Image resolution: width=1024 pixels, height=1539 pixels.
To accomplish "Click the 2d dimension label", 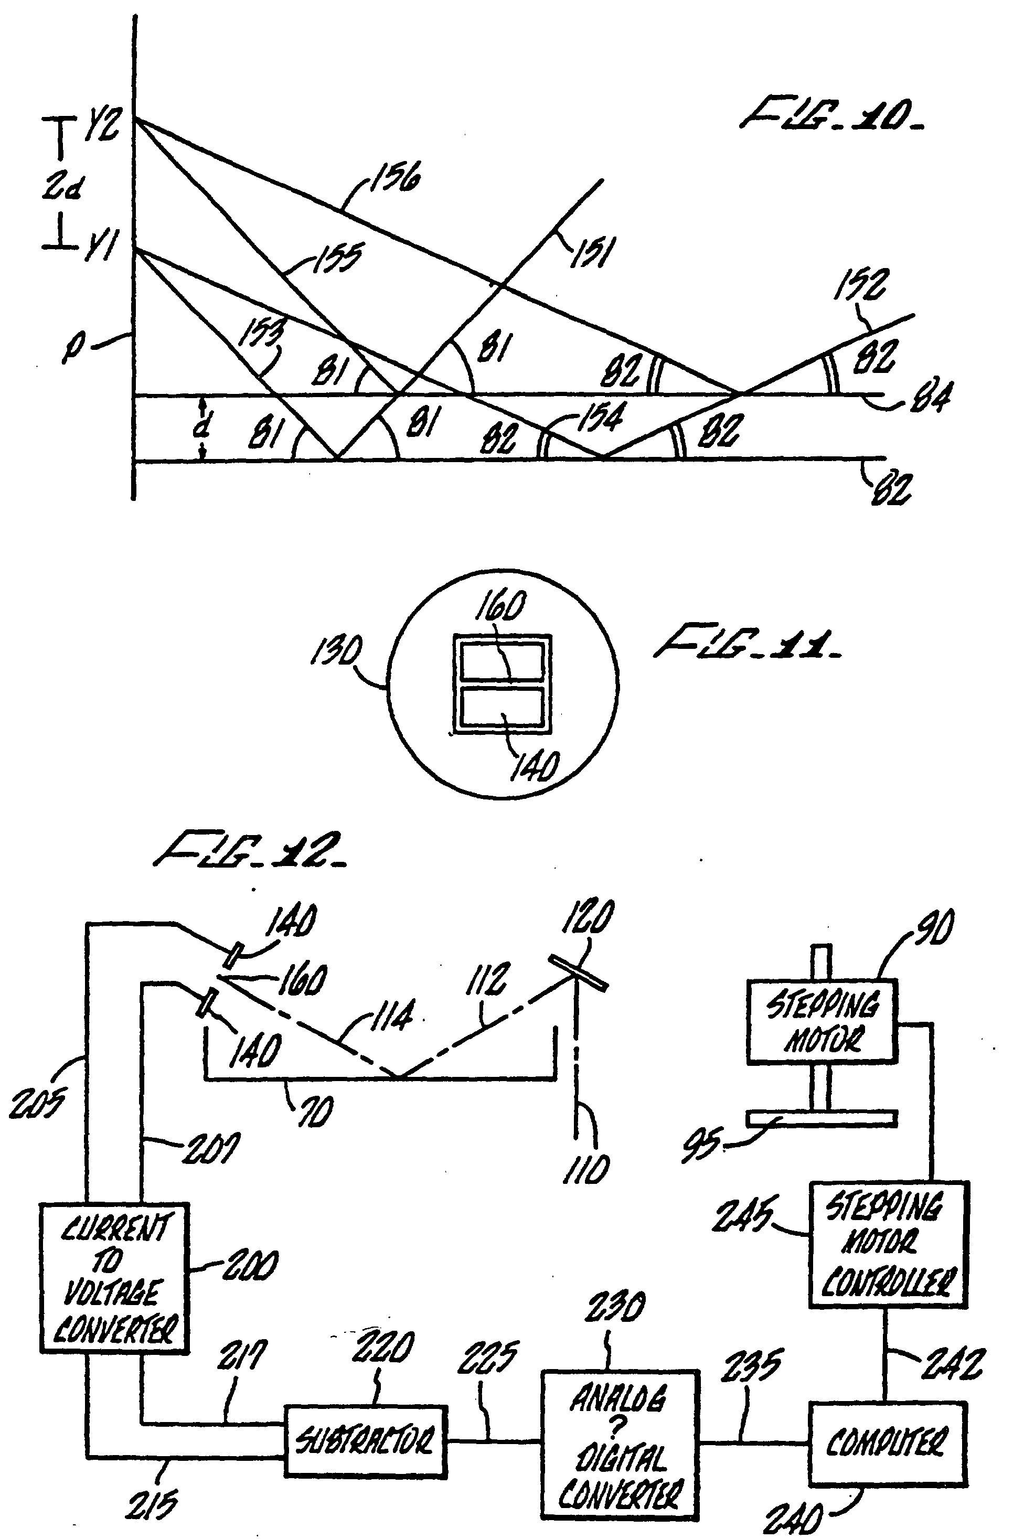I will pos(62,188).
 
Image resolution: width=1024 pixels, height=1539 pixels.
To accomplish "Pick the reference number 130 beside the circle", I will pos(336,651).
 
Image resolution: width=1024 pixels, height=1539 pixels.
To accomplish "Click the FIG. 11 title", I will pos(748,643).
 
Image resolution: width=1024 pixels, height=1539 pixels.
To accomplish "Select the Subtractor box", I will pos(365,1440).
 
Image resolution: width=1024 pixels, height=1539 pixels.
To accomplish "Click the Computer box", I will pos(887,1442).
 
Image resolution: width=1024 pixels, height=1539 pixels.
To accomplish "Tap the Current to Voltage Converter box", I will pos(115,1277).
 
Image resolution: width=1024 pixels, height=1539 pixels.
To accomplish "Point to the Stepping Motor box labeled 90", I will pos(822,1022).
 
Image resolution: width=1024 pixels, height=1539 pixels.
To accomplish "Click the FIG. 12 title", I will pos(250,850).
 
